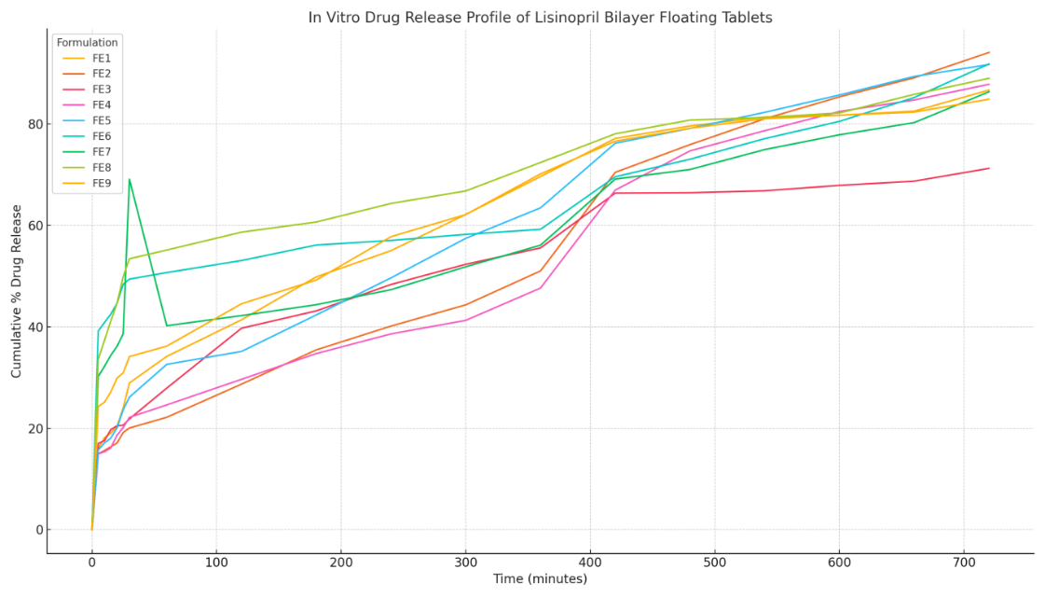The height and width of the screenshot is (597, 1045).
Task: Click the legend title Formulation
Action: pos(87,42)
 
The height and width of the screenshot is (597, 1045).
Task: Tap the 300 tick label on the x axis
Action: pos(465,562)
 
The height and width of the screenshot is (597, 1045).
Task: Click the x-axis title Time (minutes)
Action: pos(540,579)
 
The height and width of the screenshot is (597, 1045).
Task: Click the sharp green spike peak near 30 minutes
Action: pos(129,179)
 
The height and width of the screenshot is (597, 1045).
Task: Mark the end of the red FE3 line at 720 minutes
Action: pos(989,168)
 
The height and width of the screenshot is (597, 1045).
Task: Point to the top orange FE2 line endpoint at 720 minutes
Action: pos(989,52)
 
